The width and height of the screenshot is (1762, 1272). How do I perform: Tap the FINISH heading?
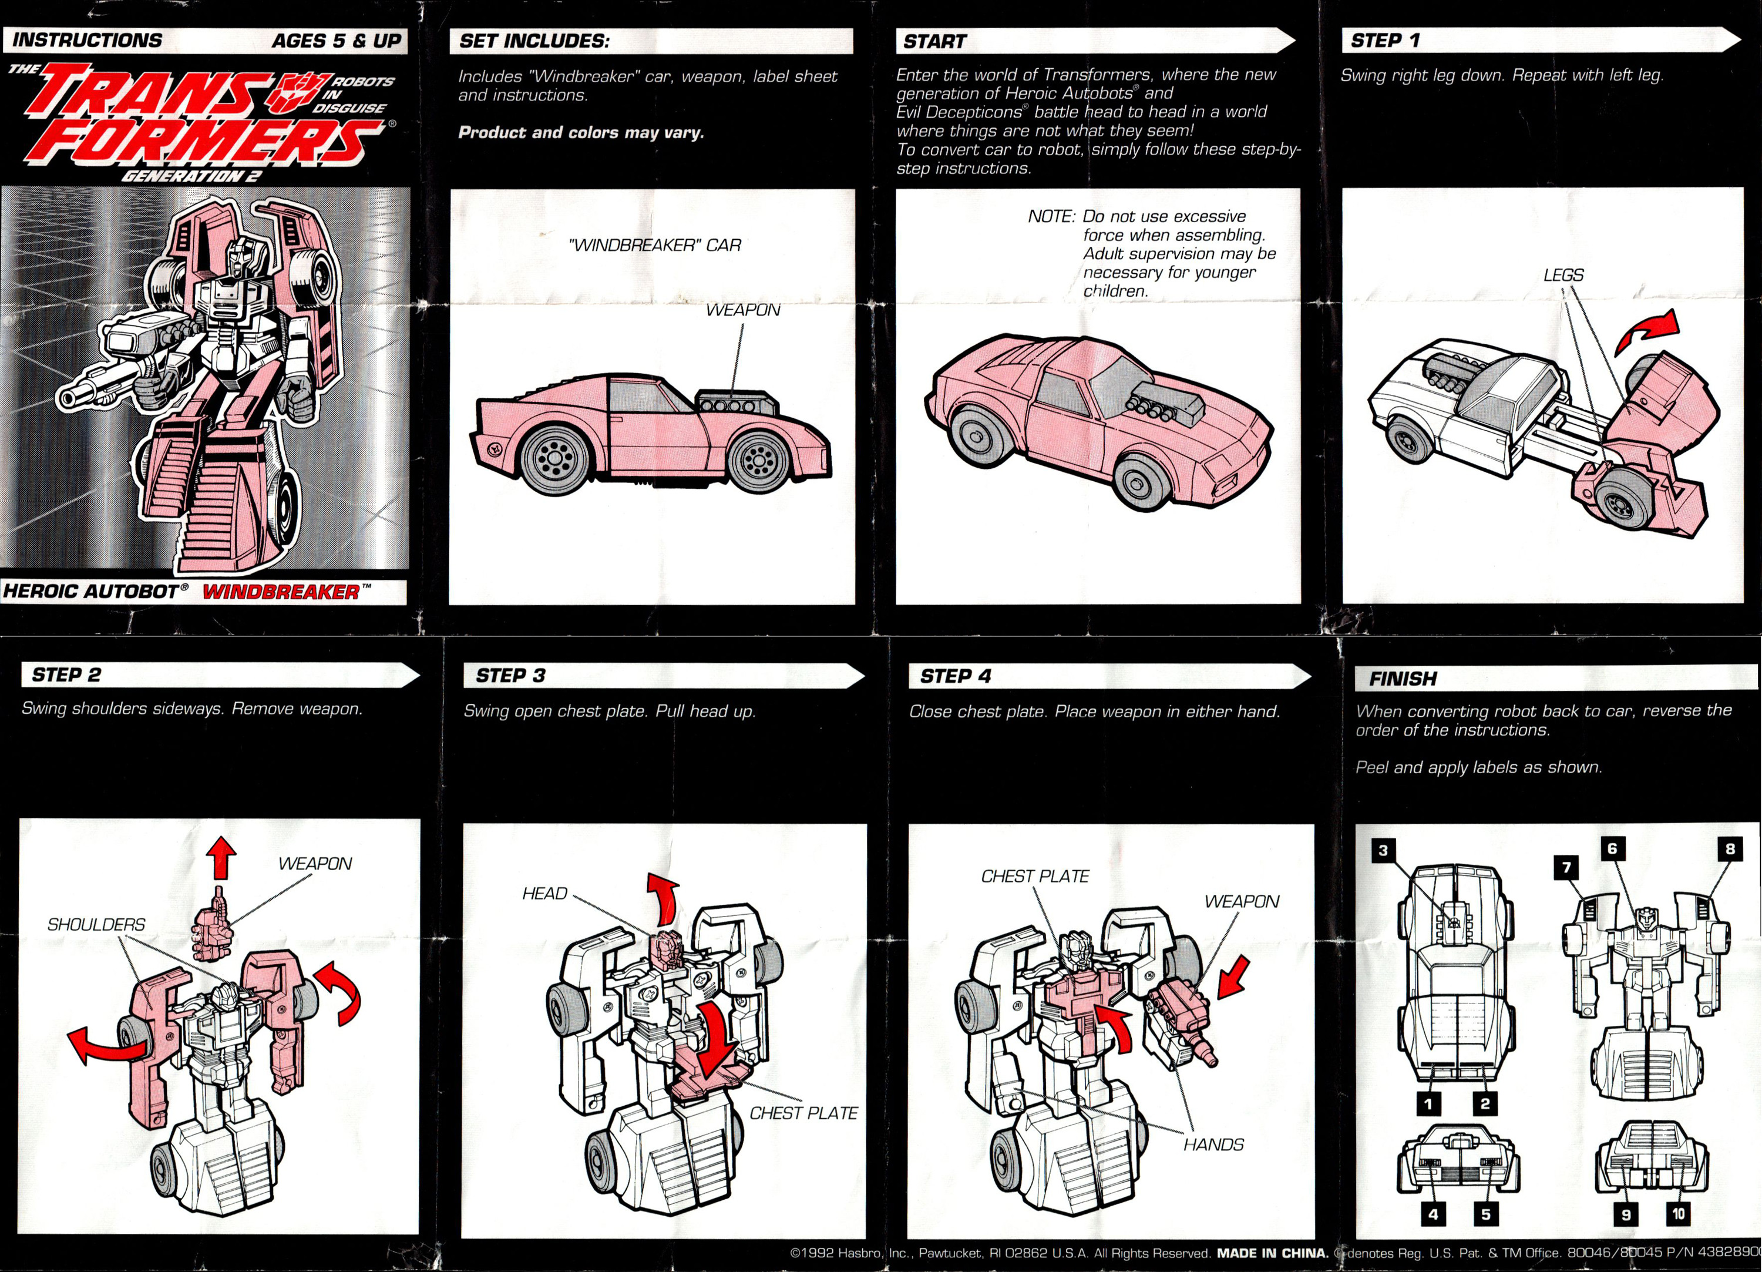click(1403, 679)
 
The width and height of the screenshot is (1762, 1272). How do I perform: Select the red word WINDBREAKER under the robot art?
click(281, 592)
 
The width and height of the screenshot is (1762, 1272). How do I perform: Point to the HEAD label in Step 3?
click(544, 894)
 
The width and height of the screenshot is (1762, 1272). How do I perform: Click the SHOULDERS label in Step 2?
click(96, 925)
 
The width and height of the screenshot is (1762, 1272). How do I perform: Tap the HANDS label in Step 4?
click(1213, 1145)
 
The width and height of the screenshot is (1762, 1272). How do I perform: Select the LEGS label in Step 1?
click(1563, 275)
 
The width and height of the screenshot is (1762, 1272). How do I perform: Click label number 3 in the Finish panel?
click(1383, 850)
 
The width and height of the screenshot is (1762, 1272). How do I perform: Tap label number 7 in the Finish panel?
click(1566, 867)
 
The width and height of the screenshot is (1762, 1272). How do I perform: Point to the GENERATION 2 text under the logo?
click(191, 176)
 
